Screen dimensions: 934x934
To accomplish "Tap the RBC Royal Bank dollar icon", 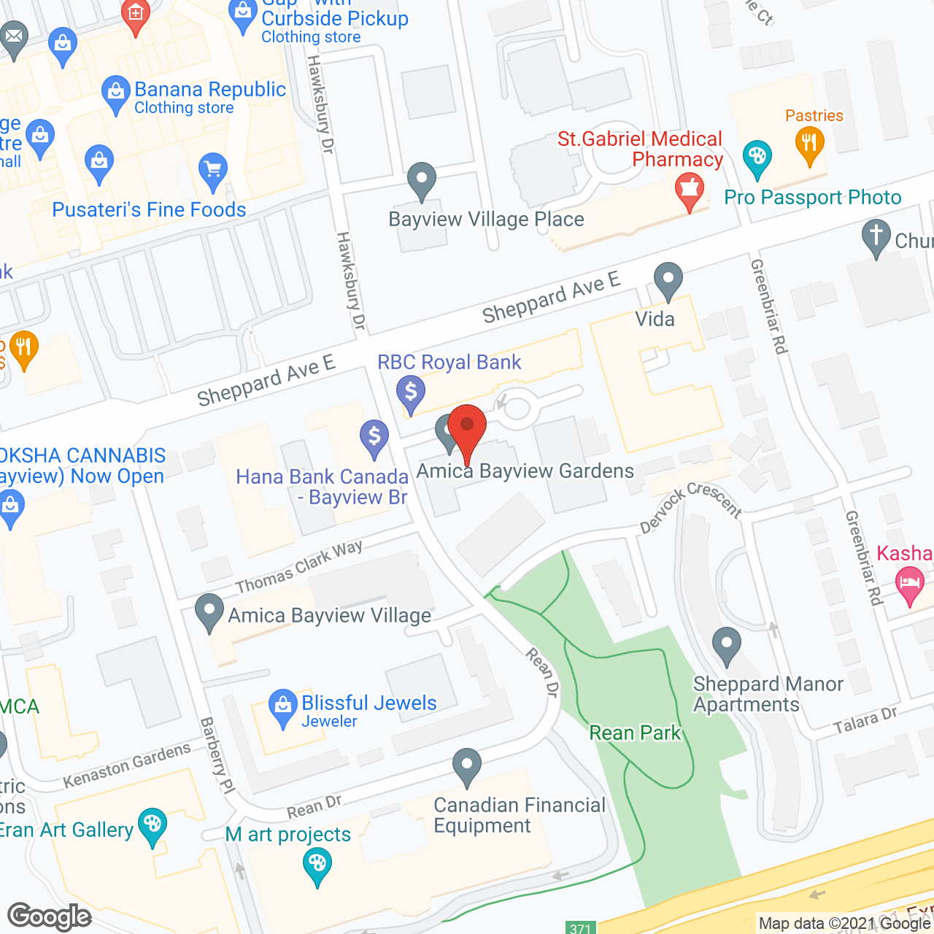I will pyautogui.click(x=411, y=393).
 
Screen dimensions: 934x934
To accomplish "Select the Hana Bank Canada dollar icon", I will pyautogui.click(x=374, y=438).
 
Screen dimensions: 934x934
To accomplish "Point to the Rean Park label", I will pyautogui.click(x=635, y=733).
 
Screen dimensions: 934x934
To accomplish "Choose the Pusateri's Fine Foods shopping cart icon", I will pyautogui.click(x=213, y=169).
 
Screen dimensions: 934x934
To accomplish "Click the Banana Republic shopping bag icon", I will pyautogui.click(x=115, y=93).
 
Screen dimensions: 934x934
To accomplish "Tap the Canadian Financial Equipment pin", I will pyautogui.click(x=467, y=766).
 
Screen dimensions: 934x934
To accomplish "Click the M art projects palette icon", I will pyautogui.click(x=317, y=866).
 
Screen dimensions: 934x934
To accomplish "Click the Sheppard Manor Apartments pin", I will pyautogui.click(x=726, y=645).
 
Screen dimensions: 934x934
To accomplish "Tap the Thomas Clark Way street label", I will pyautogui.click(x=299, y=566).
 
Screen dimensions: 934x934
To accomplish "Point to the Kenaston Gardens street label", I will pyautogui.click(x=127, y=765).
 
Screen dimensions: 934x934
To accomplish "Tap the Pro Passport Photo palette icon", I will pyautogui.click(x=757, y=157).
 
